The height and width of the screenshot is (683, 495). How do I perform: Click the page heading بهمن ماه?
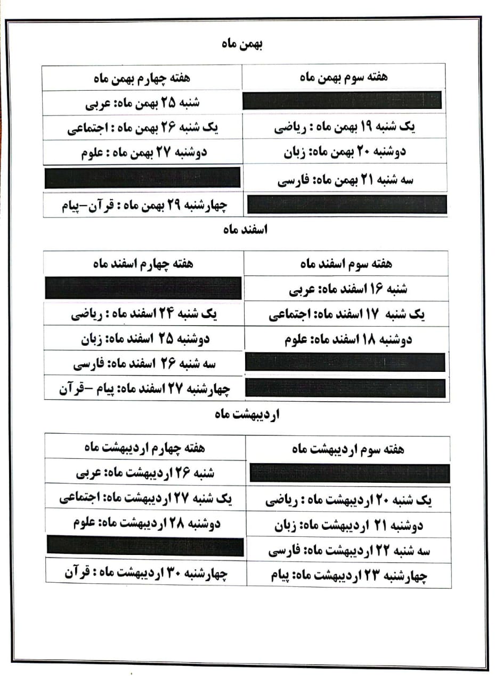click(x=242, y=44)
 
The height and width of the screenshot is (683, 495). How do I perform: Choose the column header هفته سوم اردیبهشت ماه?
click(x=348, y=449)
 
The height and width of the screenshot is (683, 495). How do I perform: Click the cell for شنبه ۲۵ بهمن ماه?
click(x=142, y=102)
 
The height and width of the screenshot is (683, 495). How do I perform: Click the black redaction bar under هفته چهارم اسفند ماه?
click(x=143, y=288)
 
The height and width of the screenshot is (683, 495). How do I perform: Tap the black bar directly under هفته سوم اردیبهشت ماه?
click(x=350, y=473)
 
